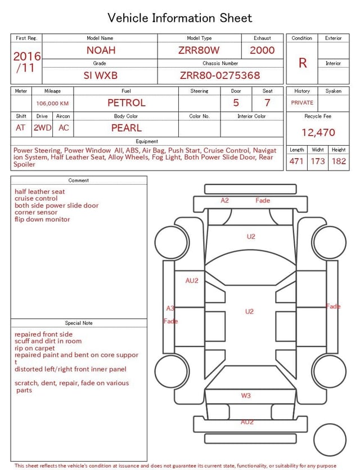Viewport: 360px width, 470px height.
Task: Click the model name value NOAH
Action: click(100, 50)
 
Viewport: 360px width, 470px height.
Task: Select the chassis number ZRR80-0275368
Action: click(220, 75)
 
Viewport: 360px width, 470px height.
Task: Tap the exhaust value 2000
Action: click(262, 50)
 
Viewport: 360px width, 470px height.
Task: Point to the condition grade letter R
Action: click(303, 62)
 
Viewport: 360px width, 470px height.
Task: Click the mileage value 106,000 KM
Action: click(52, 104)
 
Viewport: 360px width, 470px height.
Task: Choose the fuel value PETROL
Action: click(126, 103)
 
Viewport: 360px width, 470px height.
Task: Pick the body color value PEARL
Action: click(126, 128)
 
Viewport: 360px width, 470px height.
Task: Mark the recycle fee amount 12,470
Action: click(318, 132)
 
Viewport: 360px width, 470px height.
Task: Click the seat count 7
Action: click(267, 103)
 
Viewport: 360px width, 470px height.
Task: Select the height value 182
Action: click(339, 161)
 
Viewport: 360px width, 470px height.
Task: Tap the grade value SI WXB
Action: click(100, 75)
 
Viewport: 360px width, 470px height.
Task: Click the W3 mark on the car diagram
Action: click(246, 396)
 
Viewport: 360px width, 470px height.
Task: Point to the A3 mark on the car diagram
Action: click(170, 308)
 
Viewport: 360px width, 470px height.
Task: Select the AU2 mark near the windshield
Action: click(192, 280)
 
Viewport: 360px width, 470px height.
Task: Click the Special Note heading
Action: click(79, 323)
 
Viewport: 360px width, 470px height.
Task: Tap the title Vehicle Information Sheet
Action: click(180, 18)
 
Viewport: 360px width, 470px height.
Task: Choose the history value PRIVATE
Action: click(302, 103)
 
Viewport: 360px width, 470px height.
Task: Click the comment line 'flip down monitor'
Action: click(42, 220)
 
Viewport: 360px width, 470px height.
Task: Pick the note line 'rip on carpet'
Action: click(35, 348)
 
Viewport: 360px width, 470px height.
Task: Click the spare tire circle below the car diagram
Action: click(330, 440)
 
